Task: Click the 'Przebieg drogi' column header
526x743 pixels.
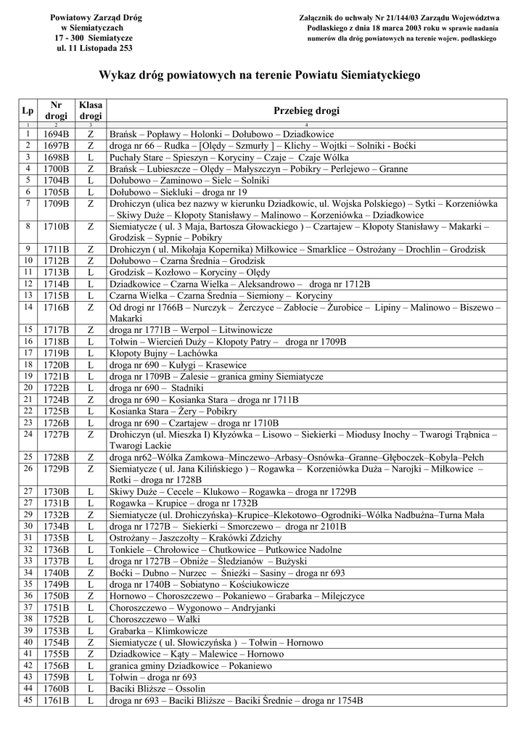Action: coord(306,110)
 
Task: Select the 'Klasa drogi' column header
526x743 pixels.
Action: coord(91,110)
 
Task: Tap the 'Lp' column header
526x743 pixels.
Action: coord(28,110)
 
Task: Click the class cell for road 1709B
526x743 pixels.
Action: coord(91,204)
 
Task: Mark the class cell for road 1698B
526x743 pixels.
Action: coord(91,157)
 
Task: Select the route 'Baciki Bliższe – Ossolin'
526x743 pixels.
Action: coord(157,689)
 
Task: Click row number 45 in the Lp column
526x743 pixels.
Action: coord(28,700)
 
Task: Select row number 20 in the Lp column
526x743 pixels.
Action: coord(28,388)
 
